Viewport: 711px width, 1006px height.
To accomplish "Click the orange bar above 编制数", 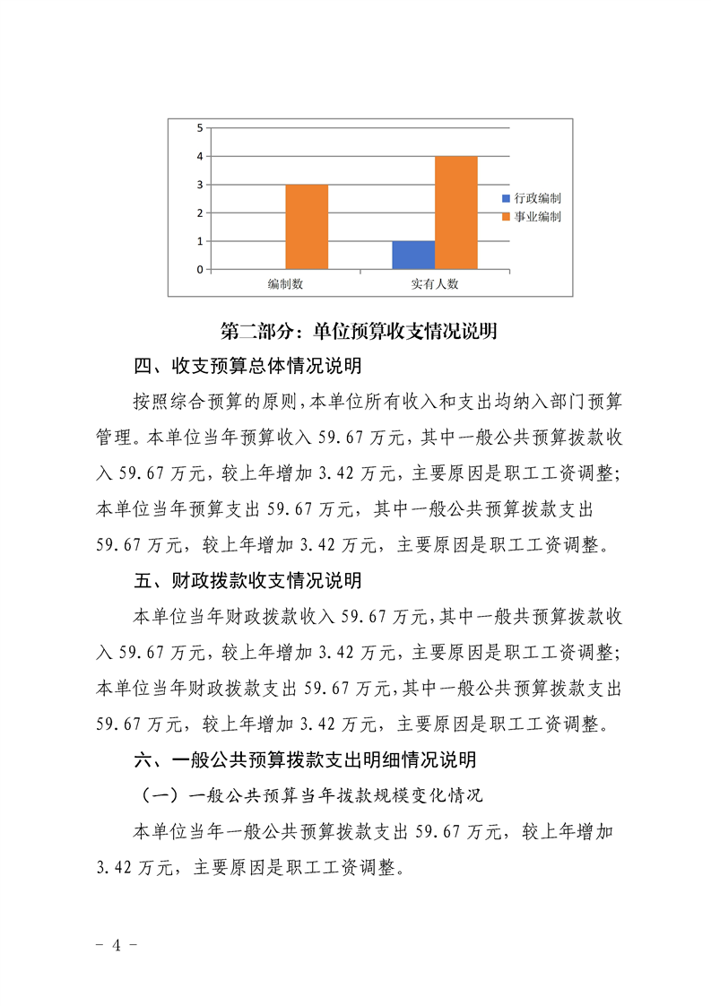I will pos(307,227).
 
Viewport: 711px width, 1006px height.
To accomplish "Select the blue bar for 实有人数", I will pos(413,255).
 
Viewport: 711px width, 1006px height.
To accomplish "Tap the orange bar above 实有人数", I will pos(456,212).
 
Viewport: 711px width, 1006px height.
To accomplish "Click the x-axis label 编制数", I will pos(285,283).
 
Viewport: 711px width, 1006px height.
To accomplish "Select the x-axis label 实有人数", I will pos(435,283).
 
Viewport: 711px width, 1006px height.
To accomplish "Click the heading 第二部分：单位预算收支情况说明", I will pos(359,331).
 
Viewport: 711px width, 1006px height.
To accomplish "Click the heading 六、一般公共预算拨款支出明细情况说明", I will pos(305,760).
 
